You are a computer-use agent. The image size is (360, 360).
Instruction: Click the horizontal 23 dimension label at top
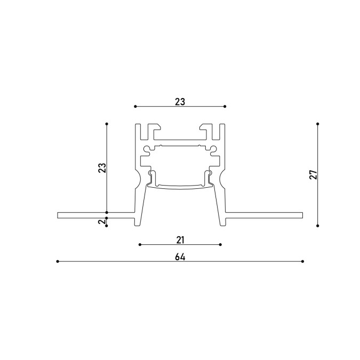pyautogui.click(x=180, y=102)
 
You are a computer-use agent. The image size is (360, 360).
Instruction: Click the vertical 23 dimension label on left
pyautogui.click(x=102, y=168)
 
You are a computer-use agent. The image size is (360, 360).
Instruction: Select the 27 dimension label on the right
pyautogui.click(x=314, y=175)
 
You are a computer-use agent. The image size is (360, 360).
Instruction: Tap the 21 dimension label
pyautogui.click(x=180, y=240)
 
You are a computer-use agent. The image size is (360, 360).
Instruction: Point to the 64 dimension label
pyautogui.click(x=180, y=257)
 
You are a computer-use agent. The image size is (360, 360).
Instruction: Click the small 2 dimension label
pyautogui.click(x=102, y=222)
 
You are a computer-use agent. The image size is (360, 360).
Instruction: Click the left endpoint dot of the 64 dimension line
pyautogui.click(x=58, y=261)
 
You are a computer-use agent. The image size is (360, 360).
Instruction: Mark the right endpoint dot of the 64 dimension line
pyautogui.click(x=302, y=261)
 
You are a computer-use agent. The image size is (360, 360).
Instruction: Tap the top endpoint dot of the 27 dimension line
pyautogui.click(x=317, y=124)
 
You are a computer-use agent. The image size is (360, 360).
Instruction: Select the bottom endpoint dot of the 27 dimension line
pyautogui.click(x=317, y=226)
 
